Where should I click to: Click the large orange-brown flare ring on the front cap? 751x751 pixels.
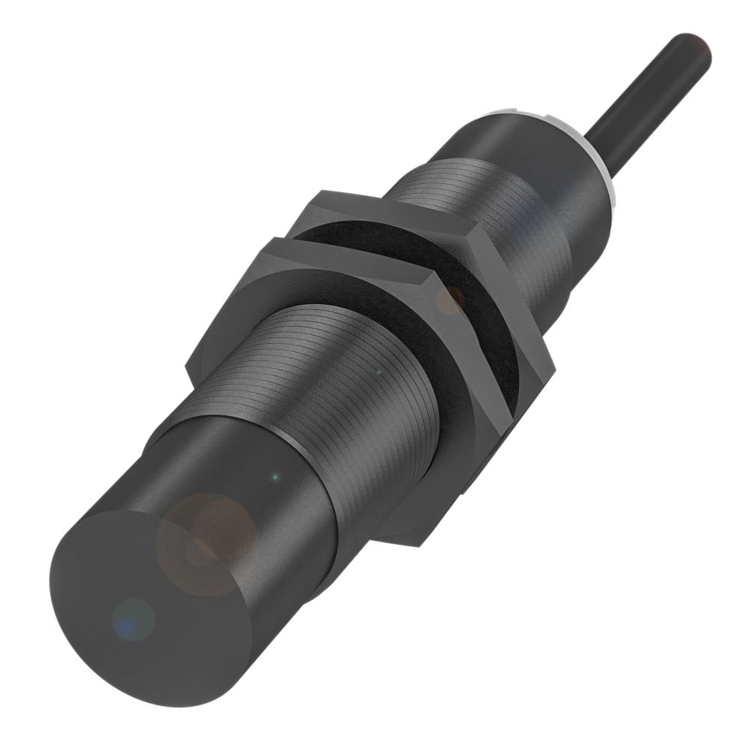pos(207,541)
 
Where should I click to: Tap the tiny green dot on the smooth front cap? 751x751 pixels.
pos(276,475)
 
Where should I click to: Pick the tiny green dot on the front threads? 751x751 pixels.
pos(378,370)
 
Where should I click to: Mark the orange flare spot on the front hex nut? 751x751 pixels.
pos(451,300)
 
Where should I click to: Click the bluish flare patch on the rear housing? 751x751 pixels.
pos(556,180)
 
